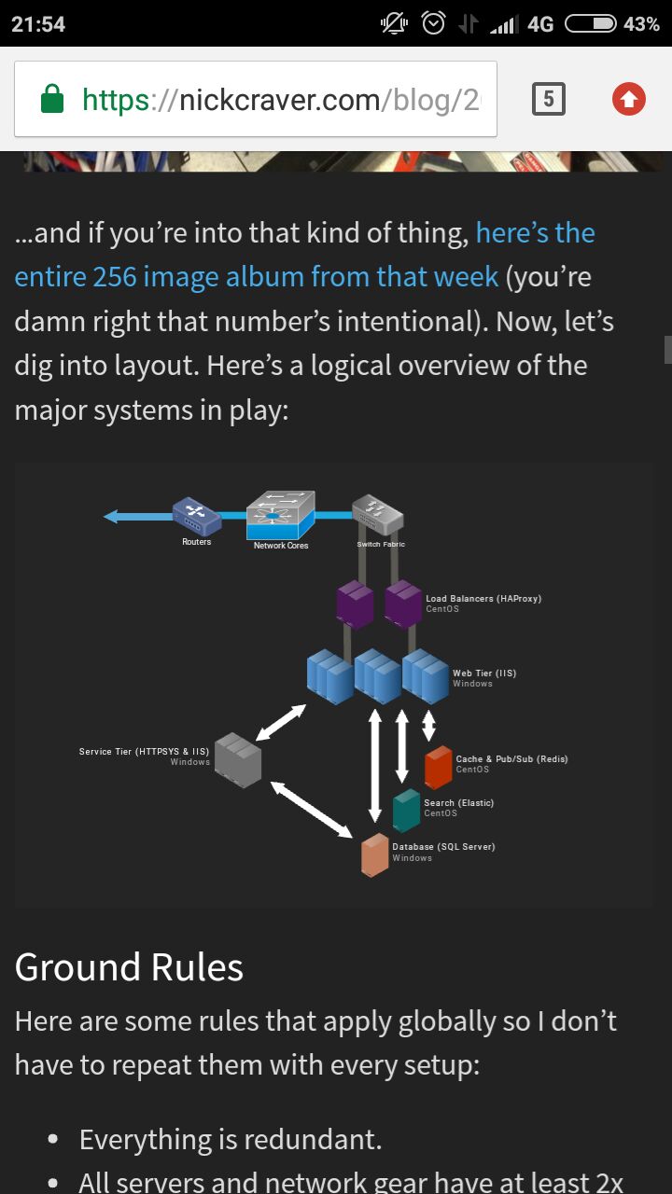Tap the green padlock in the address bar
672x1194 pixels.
(x=52, y=99)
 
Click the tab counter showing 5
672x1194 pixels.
(x=548, y=99)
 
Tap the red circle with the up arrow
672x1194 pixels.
(x=629, y=99)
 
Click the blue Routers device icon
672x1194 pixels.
(x=196, y=516)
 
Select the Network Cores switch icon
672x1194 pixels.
(x=281, y=515)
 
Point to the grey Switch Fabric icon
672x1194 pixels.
(x=378, y=514)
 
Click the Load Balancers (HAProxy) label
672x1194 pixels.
(x=483, y=599)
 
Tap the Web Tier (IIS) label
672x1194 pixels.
(x=484, y=673)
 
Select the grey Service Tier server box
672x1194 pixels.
(x=238, y=760)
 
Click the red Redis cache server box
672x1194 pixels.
(x=439, y=768)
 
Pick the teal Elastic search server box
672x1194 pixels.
(x=406, y=811)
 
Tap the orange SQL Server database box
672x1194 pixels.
(x=375, y=855)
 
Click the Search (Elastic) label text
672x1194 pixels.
(x=458, y=803)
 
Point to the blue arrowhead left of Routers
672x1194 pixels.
(x=111, y=516)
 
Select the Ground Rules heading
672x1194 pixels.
(x=129, y=967)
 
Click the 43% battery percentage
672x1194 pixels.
(x=641, y=24)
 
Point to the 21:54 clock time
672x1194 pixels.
(x=38, y=24)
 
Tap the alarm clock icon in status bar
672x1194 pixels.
(x=433, y=23)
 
